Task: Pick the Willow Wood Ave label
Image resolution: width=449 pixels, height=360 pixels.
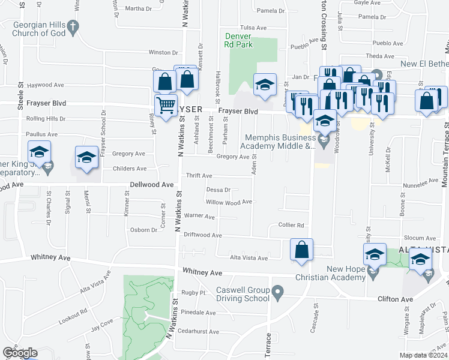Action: point(229,203)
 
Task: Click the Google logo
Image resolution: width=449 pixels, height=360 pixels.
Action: point(20,353)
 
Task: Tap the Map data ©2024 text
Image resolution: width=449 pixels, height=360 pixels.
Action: point(423,355)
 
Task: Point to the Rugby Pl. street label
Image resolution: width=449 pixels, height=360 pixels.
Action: point(194,293)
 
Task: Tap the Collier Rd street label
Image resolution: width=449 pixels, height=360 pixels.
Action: point(291,225)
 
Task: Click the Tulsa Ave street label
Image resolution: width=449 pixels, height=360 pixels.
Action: point(253,28)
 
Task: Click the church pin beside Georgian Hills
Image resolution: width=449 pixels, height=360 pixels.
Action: point(73,27)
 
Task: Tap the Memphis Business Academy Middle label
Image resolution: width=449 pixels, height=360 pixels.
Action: point(278,141)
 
